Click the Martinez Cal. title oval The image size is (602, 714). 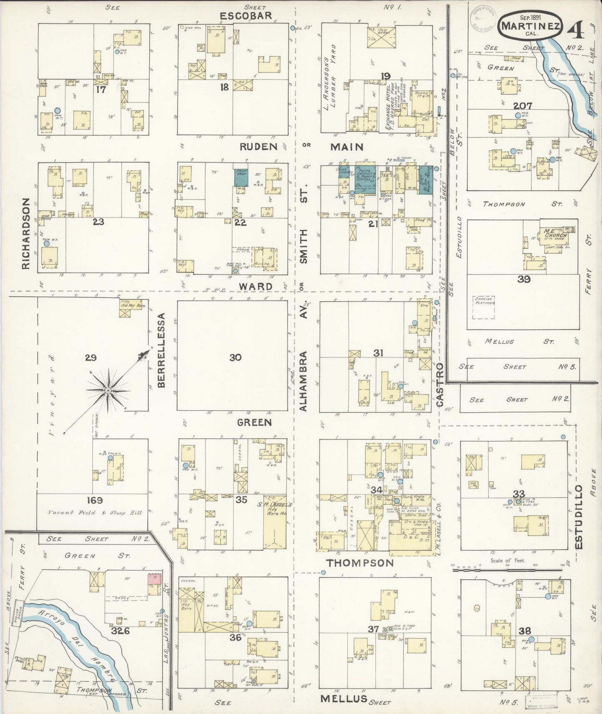pos(530,26)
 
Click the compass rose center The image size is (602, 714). pos(107,390)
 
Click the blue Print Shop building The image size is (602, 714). pos(241,178)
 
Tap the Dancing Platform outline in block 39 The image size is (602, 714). pos(484,307)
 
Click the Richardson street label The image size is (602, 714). pos(26,234)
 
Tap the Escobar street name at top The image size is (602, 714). pos(245,16)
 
